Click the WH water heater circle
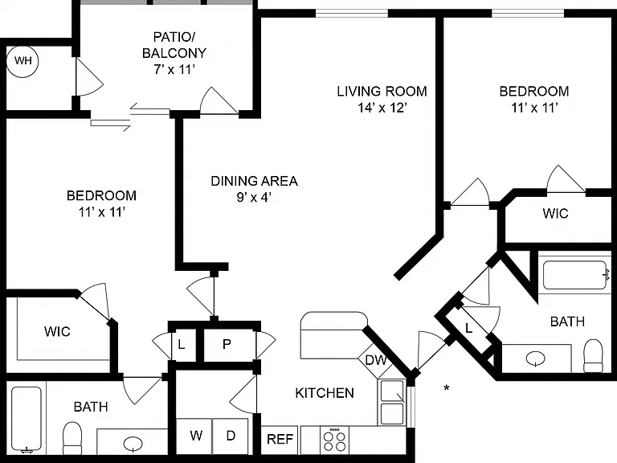click(22, 61)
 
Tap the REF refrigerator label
click(280, 439)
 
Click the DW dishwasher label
click(376, 360)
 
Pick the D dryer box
click(231, 436)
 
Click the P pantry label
click(227, 344)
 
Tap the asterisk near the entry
click(447, 388)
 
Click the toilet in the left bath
click(72, 438)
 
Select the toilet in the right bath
click(593, 356)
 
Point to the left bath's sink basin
click(133, 444)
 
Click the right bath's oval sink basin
click(536, 359)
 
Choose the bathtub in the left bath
click(27, 419)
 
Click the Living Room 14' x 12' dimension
click(382, 108)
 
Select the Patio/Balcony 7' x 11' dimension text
click(174, 70)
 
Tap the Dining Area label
click(254, 181)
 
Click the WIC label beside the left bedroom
click(58, 331)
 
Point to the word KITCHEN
click(325, 393)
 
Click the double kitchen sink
click(392, 402)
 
